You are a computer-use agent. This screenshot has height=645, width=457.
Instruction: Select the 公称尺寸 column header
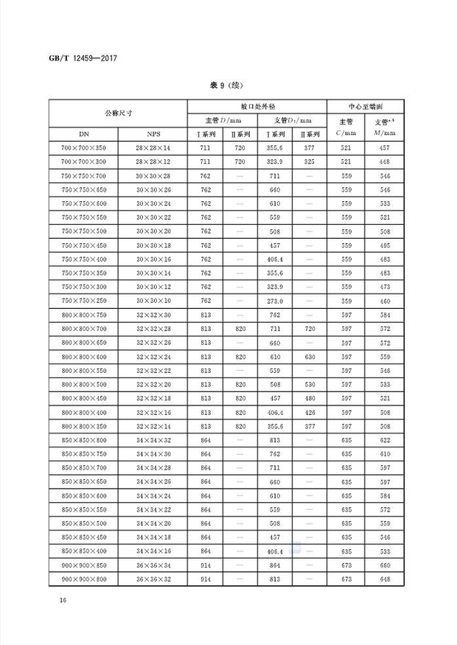(x=118, y=113)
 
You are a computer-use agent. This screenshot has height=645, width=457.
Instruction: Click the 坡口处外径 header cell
(x=257, y=106)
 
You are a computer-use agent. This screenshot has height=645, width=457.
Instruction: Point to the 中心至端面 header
(x=367, y=106)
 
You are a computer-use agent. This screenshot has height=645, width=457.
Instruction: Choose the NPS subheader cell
(x=153, y=135)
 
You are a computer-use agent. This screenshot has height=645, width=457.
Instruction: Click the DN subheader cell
(x=83, y=135)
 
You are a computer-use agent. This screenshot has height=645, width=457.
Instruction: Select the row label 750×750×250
(x=83, y=301)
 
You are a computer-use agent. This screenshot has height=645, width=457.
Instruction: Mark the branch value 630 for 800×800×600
(x=310, y=357)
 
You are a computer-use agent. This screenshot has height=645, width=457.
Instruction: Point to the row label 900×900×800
(x=83, y=579)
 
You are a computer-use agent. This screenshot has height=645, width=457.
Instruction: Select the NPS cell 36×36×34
(x=153, y=565)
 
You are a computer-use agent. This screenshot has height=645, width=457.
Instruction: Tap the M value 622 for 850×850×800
(x=385, y=440)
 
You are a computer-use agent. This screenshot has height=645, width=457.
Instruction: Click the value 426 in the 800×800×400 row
(x=310, y=412)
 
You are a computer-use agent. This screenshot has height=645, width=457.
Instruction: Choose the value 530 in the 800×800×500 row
(x=310, y=385)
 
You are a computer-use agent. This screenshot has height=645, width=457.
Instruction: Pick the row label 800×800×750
(x=83, y=315)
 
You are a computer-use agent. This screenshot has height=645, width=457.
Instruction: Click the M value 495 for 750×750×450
(x=385, y=245)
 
